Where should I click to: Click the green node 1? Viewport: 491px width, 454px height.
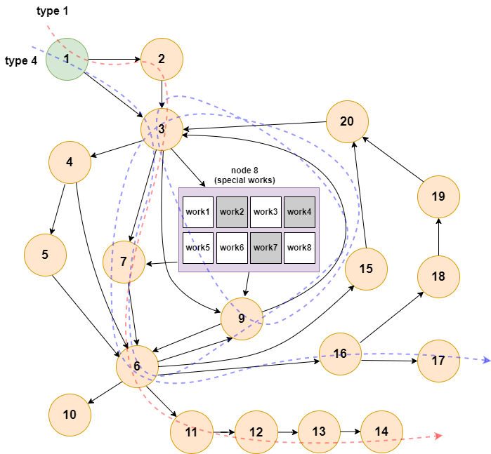(67, 59)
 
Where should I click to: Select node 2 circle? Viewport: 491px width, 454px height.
(162, 59)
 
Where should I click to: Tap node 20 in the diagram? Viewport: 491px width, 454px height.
(347, 121)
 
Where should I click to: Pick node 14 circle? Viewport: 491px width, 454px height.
(382, 432)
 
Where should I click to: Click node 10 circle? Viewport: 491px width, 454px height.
(70, 414)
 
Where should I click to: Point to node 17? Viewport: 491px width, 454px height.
(439, 361)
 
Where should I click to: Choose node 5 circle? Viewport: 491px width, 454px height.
(45, 254)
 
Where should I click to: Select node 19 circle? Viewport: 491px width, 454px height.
(438, 196)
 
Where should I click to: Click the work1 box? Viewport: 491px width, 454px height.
(198, 212)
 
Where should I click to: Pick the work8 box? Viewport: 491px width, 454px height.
(299, 248)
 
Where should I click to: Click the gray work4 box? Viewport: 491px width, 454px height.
(299, 212)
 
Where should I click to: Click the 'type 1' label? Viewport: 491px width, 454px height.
(53, 11)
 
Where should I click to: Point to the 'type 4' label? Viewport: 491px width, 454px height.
(21, 61)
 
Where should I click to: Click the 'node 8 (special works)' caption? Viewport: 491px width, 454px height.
(244, 175)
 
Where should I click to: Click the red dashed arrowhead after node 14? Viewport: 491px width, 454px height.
(439, 436)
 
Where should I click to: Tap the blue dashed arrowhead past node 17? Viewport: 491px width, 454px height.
(485, 361)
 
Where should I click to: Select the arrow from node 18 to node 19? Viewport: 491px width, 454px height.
(438, 236)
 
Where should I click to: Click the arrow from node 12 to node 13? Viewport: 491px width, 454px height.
(287, 432)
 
